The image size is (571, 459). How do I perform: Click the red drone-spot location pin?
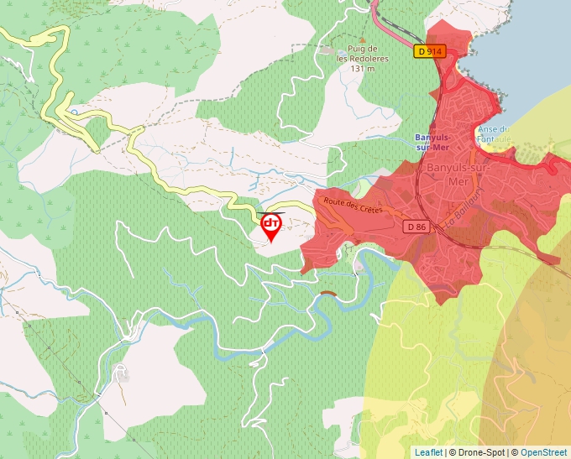(x=271, y=226)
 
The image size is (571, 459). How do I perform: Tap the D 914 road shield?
(x=429, y=51)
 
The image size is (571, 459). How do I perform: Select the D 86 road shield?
(x=416, y=227)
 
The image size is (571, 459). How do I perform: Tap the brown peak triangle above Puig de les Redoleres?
(x=363, y=39)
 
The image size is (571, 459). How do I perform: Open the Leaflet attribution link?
(x=428, y=452)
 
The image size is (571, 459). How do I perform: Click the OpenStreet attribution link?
(x=543, y=452)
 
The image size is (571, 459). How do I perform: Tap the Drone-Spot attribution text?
(x=481, y=452)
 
